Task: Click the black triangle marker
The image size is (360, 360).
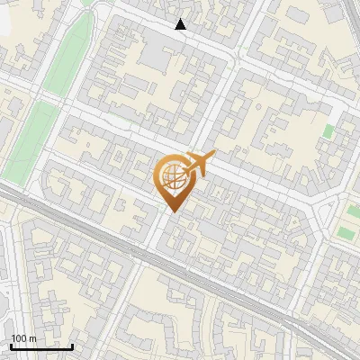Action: click(x=181, y=24)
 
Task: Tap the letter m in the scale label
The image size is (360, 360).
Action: click(x=33, y=338)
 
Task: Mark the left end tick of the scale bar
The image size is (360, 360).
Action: click(x=10, y=345)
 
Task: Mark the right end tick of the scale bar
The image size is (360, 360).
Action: click(x=73, y=345)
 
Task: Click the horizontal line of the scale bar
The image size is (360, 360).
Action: click(x=41, y=346)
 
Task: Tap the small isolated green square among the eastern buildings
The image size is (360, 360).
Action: click(x=328, y=131)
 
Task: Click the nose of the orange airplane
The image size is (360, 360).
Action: click(x=212, y=157)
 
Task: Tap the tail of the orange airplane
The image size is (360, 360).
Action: click(x=184, y=170)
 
